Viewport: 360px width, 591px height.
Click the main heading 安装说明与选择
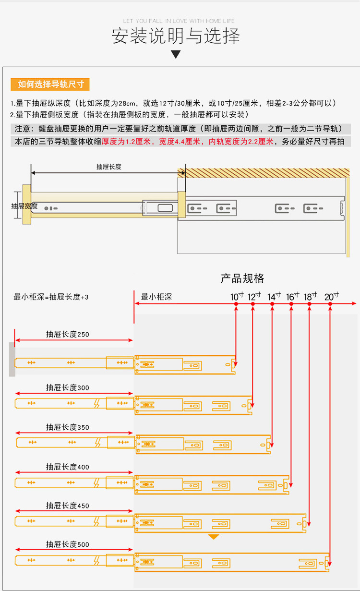pyautogui.click(x=176, y=36)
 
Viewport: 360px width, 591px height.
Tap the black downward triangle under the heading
pyautogui.click(x=176, y=54)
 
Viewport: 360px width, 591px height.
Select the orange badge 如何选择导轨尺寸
pyautogui.click(x=50, y=84)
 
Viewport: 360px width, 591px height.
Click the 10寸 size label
pyautogui.click(x=237, y=297)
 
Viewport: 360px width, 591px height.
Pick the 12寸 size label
pyautogui.click(x=254, y=297)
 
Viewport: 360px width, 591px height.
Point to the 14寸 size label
pyautogui.click(x=274, y=297)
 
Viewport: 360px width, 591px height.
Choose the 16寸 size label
pyautogui.click(x=292, y=297)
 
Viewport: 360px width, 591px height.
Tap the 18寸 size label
pyautogui.click(x=311, y=297)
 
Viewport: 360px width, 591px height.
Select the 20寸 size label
pyautogui.click(x=331, y=297)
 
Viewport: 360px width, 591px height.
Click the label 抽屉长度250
pyautogui.click(x=67, y=335)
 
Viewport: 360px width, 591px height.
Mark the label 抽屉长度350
pyautogui.click(x=67, y=427)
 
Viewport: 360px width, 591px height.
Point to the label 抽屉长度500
pyautogui.click(x=67, y=544)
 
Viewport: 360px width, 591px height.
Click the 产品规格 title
pyautogui.click(x=242, y=278)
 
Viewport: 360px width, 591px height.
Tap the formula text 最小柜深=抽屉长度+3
pyautogui.click(x=51, y=297)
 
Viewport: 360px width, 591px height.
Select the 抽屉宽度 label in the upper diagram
pyautogui.click(x=24, y=206)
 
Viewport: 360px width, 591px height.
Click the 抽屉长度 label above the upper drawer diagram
pyautogui.click(x=108, y=167)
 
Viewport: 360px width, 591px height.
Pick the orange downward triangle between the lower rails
pyautogui.click(x=214, y=536)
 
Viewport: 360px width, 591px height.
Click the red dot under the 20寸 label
pyautogui.click(x=330, y=304)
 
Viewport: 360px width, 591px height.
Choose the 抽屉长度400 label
pyautogui.click(x=67, y=467)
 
